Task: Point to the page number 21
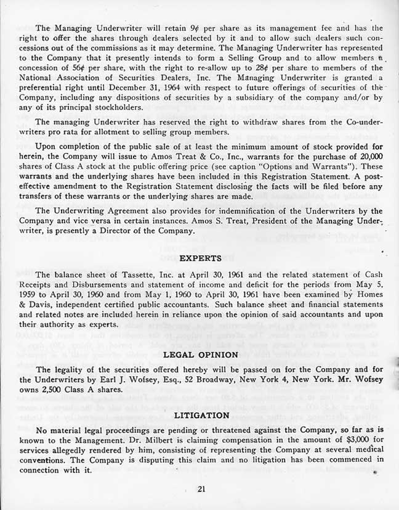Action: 200,490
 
